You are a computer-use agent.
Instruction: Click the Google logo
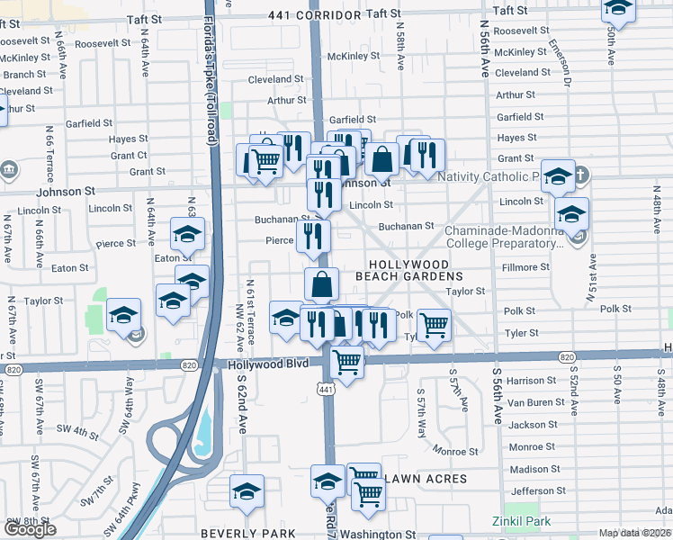click(29, 529)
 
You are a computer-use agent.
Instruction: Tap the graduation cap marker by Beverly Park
click(247, 491)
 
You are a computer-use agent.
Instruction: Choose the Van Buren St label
click(533, 402)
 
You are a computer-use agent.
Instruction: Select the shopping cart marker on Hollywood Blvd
click(346, 363)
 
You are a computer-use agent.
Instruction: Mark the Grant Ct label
click(129, 156)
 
